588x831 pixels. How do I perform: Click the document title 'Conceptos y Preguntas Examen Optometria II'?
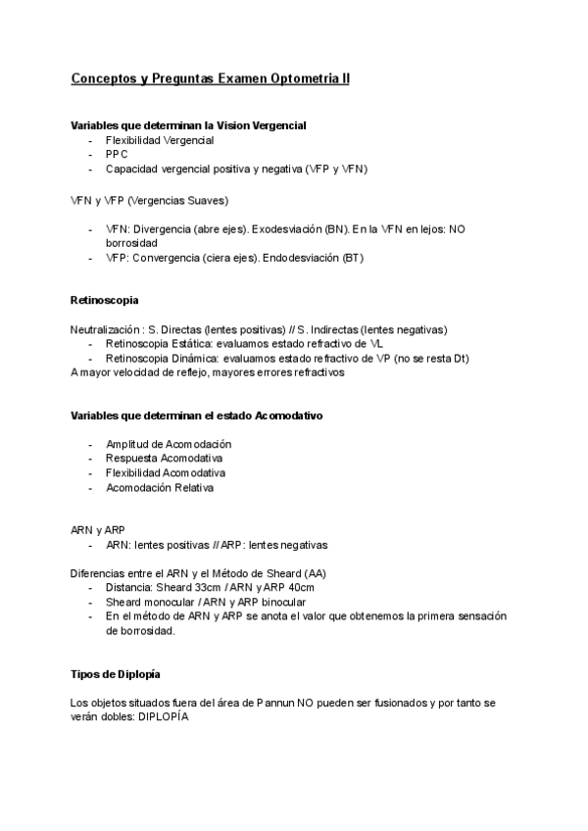(210, 77)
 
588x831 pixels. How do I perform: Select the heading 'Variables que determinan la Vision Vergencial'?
(188, 125)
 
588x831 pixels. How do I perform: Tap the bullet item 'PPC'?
(117, 155)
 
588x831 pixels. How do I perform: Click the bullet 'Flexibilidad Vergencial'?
(160, 140)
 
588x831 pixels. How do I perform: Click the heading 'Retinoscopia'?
(104, 299)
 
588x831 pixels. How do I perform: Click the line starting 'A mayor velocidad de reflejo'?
(207, 372)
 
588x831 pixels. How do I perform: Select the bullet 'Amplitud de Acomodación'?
(168, 444)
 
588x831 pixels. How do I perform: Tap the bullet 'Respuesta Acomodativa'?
(164, 459)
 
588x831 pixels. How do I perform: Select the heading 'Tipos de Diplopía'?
(116, 675)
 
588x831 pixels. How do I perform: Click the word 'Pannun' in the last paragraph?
(254, 704)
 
